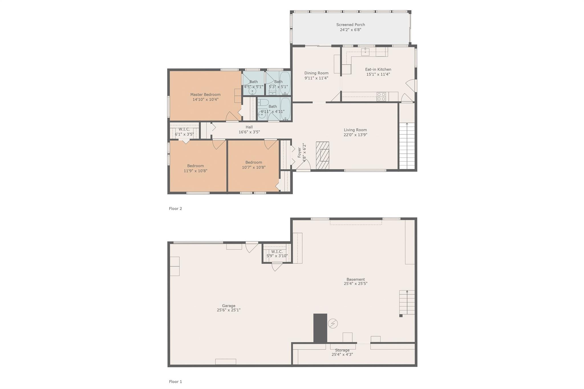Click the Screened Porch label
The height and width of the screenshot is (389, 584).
coord(350,25)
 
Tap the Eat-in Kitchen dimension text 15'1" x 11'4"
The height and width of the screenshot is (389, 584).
coord(378,74)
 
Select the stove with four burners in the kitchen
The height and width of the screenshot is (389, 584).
coord(381,97)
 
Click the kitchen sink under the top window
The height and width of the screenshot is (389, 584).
coord(365,52)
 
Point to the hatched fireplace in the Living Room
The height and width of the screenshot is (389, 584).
coord(323,155)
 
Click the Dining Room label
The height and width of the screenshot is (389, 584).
coord(316,73)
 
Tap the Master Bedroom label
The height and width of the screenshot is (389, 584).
coord(205,95)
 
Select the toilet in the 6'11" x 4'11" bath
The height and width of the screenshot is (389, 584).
coord(263,103)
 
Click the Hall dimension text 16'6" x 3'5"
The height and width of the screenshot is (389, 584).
coord(249,132)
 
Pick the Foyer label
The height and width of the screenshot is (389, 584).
coord(299,152)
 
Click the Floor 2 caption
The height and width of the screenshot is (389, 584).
coord(175,209)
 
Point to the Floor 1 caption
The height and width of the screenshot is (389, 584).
coord(175,382)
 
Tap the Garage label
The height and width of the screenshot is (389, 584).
coord(229,306)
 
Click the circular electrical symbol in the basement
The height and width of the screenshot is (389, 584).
coord(333,323)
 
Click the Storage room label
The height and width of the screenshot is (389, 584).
coord(342,350)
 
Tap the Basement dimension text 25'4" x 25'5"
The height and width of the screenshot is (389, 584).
coord(356,284)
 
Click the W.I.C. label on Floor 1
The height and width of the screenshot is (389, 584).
coord(277,252)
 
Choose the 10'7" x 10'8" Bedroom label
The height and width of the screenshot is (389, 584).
coord(254,162)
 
